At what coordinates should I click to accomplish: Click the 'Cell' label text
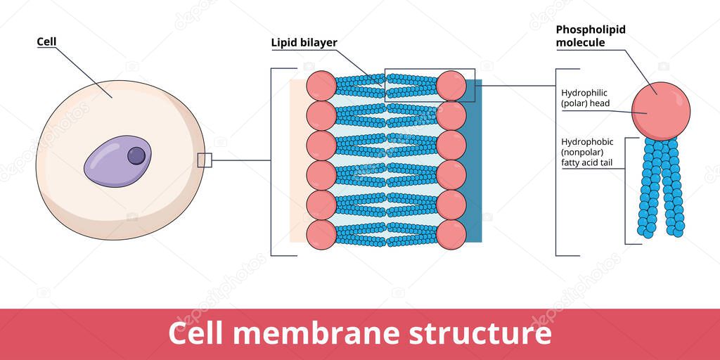click(46, 41)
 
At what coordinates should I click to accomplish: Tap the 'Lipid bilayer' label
click(304, 43)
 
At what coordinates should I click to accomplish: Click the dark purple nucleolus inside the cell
click(136, 155)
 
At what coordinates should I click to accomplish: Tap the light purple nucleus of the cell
click(112, 163)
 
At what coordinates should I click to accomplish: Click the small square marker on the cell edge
click(205, 160)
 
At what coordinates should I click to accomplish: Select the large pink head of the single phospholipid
click(660, 110)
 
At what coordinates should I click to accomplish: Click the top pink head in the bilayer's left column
click(321, 86)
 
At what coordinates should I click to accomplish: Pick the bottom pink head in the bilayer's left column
click(321, 235)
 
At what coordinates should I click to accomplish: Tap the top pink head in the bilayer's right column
click(451, 86)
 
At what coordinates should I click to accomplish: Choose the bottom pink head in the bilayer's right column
click(451, 235)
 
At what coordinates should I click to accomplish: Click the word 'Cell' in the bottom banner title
click(194, 333)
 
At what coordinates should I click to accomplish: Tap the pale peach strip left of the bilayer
click(297, 162)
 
